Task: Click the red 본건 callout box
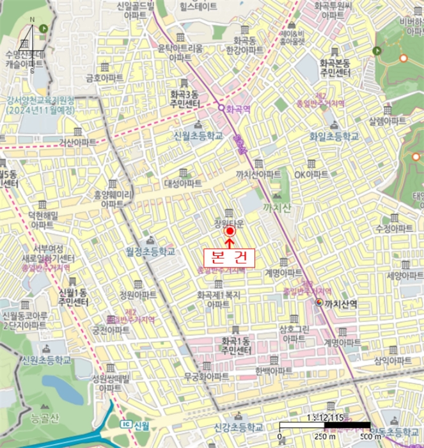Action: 229,257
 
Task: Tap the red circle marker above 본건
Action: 230,232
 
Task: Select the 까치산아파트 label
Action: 258,174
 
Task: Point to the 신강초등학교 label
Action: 239,427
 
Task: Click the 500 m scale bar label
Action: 368,437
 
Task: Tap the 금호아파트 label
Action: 104,77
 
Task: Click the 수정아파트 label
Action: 393,228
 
